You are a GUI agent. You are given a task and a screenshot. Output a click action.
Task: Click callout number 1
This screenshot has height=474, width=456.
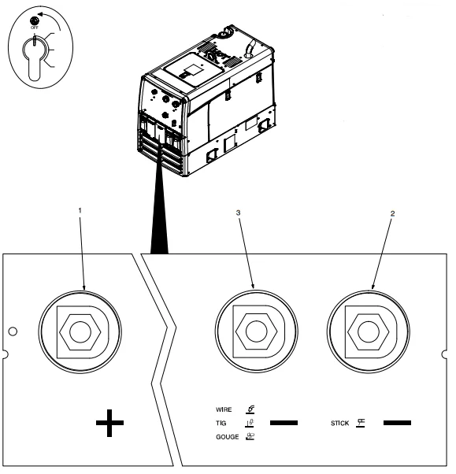tap(80, 210)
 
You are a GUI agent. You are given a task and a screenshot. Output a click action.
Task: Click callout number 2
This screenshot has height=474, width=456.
tap(392, 213)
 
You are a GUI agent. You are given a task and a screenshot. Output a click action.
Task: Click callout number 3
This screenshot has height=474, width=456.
tap(239, 213)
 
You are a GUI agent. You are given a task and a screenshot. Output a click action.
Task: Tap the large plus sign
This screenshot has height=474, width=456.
tap(109, 423)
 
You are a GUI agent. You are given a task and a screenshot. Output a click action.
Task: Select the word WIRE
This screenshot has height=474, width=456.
tap(224, 409)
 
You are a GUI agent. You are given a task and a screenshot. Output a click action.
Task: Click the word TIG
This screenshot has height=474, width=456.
tap(221, 424)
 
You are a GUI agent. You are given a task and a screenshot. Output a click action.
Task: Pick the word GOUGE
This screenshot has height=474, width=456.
tap(228, 437)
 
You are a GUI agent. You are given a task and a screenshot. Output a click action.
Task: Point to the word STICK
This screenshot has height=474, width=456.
tap(340, 424)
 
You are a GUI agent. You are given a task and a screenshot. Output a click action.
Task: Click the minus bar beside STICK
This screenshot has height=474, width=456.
tap(398, 423)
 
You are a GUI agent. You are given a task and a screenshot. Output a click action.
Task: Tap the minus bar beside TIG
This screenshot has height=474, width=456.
tap(284, 423)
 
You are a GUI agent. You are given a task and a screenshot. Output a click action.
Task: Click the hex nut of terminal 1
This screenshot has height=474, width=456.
tap(80, 332)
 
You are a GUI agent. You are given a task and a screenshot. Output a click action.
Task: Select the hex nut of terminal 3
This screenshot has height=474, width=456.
tap(257, 331)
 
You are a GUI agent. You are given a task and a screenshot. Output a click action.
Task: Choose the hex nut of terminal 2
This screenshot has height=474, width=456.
tap(369, 331)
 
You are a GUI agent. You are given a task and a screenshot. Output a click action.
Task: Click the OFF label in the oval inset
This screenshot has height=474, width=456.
tap(35, 28)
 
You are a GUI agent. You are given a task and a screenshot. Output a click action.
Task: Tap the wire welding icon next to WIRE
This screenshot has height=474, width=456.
tap(250, 409)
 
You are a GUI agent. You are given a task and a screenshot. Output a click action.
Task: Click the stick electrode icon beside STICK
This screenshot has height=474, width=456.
tap(361, 423)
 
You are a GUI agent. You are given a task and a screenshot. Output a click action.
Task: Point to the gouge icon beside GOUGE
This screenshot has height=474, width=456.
tap(250, 436)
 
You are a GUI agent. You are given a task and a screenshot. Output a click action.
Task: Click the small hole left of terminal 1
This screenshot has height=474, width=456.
tap(13, 331)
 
